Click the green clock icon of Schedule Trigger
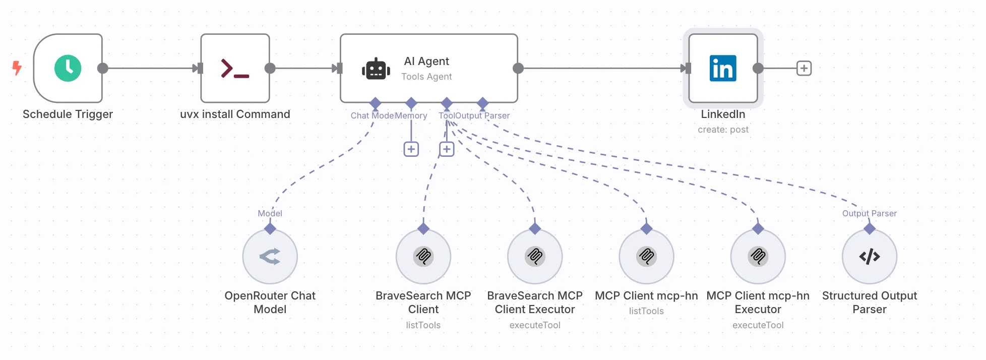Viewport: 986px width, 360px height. click(x=68, y=68)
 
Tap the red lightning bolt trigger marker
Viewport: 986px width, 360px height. click(x=17, y=68)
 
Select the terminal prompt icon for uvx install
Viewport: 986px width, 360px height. click(x=235, y=69)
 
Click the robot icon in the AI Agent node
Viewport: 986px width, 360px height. click(x=376, y=69)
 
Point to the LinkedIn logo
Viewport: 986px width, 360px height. click(x=723, y=69)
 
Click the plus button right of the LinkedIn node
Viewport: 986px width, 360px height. click(x=804, y=68)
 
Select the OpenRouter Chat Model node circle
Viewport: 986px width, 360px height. click(x=270, y=257)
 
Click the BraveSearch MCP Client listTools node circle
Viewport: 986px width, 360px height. click(x=423, y=257)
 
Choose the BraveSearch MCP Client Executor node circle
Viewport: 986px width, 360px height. click(x=535, y=257)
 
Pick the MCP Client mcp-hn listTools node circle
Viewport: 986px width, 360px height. click(x=646, y=257)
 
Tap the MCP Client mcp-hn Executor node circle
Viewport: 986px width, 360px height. click(x=758, y=257)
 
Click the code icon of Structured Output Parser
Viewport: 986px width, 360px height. click(x=870, y=257)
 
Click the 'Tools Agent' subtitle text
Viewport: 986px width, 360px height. click(x=426, y=77)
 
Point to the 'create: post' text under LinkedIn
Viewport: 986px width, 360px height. click(x=723, y=130)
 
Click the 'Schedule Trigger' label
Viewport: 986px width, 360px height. click(x=68, y=114)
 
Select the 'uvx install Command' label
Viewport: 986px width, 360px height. click(x=235, y=114)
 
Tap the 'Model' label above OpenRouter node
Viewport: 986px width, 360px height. click(x=270, y=213)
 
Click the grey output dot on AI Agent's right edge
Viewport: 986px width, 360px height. click(x=518, y=68)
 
